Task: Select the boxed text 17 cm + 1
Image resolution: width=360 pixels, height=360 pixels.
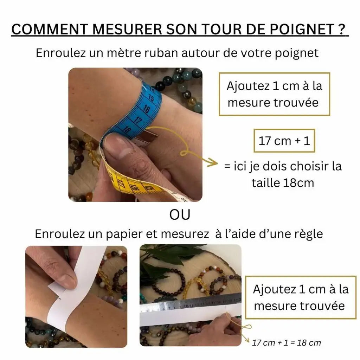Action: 284,141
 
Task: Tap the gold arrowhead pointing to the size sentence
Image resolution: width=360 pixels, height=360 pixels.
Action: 212,162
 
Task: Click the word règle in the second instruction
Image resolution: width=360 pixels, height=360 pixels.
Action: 309,234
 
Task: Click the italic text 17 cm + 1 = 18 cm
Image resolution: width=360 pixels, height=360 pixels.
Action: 286,342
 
